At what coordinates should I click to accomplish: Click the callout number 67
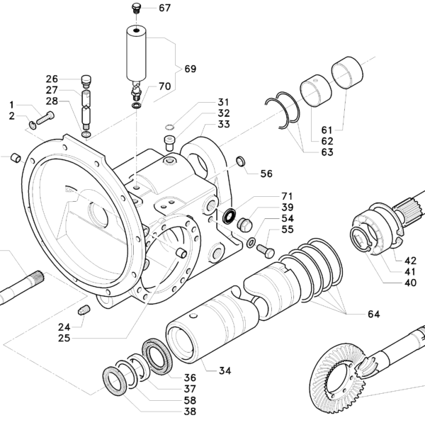point(164,8)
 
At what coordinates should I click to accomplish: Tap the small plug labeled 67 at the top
point(136,8)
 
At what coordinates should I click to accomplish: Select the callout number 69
point(191,69)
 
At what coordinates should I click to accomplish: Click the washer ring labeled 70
point(136,105)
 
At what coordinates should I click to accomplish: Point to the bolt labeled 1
point(45,118)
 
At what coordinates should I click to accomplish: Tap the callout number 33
point(224,124)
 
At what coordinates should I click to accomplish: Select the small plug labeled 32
point(170,143)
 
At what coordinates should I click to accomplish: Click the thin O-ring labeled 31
point(169,127)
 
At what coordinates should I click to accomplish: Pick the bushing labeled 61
point(347,72)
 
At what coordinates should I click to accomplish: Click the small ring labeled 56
point(241,161)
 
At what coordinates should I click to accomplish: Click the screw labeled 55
point(266,251)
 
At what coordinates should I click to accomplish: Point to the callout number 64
point(374,314)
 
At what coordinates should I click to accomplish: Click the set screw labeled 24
point(84,310)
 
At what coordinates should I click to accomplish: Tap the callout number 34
point(225,370)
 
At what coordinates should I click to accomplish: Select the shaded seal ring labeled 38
point(115,380)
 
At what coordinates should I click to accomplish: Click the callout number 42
point(410,261)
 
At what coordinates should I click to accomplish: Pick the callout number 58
point(190,400)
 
